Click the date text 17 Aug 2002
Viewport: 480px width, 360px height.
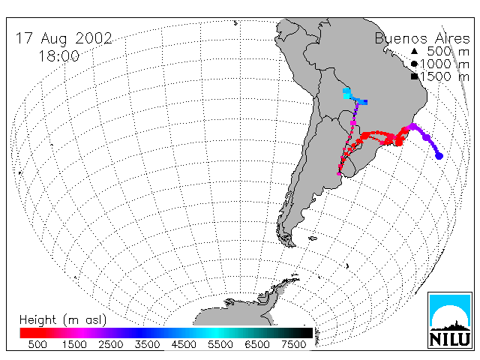tap(64, 38)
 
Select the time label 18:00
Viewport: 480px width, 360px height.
tap(58, 56)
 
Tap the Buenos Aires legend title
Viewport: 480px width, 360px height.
tap(422, 38)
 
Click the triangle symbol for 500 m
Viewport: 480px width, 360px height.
tap(414, 51)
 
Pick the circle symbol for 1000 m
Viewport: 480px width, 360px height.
tap(414, 64)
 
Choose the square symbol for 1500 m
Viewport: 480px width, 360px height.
tap(414, 76)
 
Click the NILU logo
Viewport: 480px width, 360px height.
tap(450, 320)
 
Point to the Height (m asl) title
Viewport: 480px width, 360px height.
tap(63, 320)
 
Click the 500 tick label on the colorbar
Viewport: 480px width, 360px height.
tap(37, 344)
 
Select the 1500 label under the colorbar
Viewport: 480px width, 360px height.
tap(74, 344)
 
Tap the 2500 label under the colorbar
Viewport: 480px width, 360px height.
tap(111, 344)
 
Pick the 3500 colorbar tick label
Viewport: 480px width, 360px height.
tap(147, 344)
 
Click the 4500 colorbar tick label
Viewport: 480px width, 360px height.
tap(184, 344)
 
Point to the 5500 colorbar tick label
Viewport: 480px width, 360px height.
tap(220, 344)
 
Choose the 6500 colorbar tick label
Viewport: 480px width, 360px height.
tap(257, 344)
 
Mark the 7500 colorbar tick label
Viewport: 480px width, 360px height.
tap(294, 344)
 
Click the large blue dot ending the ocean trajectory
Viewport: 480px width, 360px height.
tap(439, 156)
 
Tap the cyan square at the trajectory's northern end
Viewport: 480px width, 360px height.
tap(346, 91)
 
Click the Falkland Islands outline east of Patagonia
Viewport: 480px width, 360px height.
tap(313, 238)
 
